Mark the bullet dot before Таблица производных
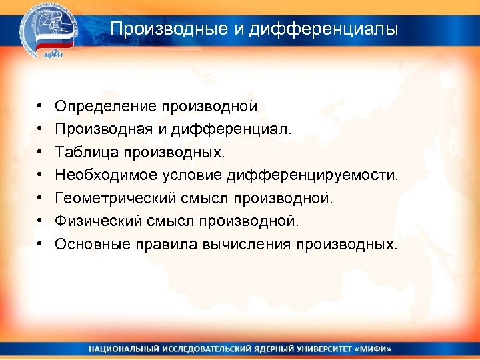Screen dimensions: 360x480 (x=41, y=153)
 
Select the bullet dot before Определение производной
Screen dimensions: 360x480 (x=41, y=106)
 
